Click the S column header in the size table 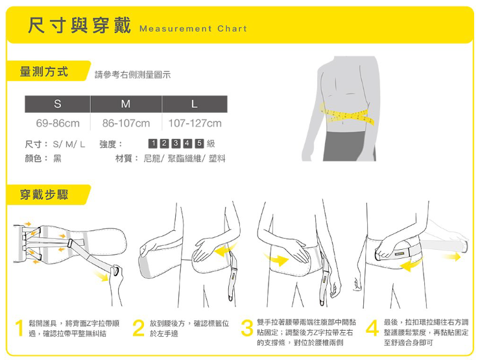click(x=58, y=104)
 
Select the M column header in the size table click(x=125, y=104)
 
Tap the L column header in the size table click(x=194, y=104)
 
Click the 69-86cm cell click(x=58, y=123)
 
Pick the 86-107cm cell click(x=125, y=123)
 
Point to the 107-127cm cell click(x=195, y=123)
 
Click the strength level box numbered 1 click(x=152, y=143)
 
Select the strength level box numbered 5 click(x=198, y=143)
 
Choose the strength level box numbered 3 click(x=176, y=143)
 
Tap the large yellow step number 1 click(x=21, y=329)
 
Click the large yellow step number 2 click(x=137, y=329)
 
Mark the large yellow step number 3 click(x=247, y=329)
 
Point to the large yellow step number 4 click(x=371, y=329)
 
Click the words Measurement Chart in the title click(x=193, y=29)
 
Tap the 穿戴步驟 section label click(x=44, y=195)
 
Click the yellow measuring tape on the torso click(x=348, y=116)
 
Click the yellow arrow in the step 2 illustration click(x=224, y=252)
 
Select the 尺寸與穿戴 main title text click(x=78, y=26)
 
